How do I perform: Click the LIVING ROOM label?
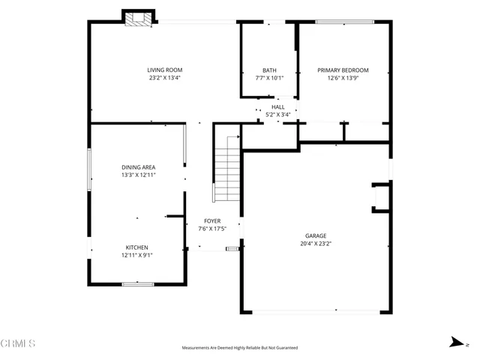point(164,70)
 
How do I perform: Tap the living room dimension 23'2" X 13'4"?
point(164,77)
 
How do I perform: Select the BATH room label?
point(268,70)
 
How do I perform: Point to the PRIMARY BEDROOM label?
point(343,70)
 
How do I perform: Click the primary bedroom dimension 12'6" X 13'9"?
point(343,77)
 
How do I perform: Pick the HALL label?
point(277,108)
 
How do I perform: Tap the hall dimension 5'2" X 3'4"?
point(277,115)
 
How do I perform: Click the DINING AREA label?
point(137,167)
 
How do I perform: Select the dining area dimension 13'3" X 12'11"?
point(137,175)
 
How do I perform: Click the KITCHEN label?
point(136,247)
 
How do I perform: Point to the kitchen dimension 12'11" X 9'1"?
point(136,255)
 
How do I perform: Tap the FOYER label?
point(211,221)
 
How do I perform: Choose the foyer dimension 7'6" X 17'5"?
point(211,229)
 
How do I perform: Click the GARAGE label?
point(315,235)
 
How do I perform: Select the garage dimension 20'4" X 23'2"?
point(315,243)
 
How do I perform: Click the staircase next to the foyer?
point(226,169)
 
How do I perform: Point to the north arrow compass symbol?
point(454,343)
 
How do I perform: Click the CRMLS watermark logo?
point(19,343)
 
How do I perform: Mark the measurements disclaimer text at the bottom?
point(240,348)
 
